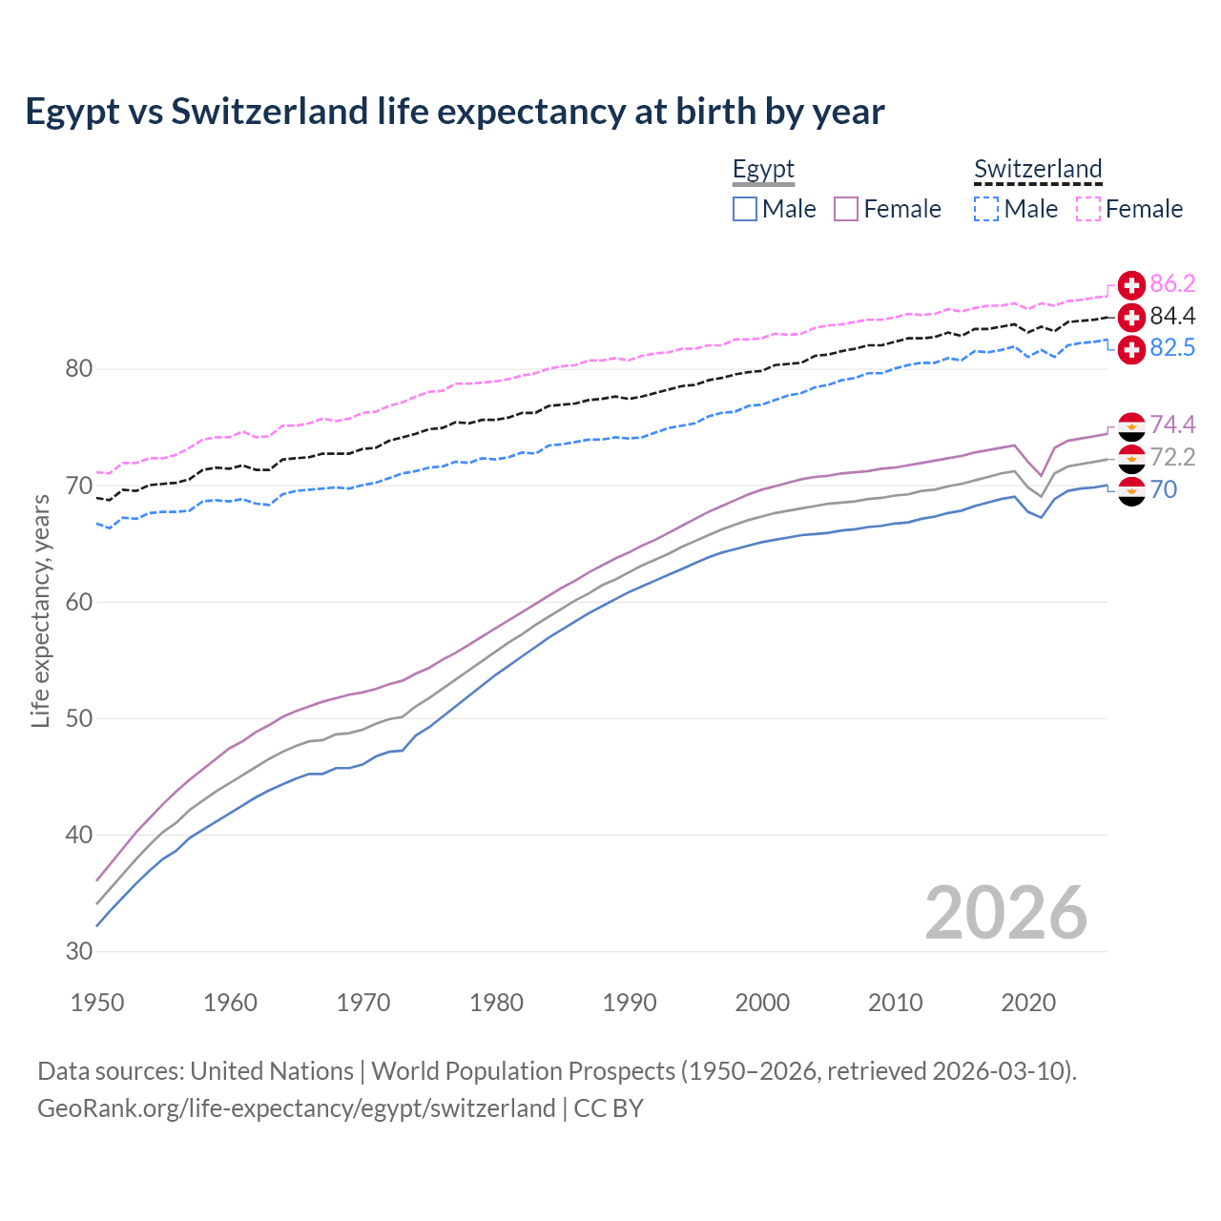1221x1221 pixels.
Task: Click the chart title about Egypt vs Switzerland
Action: pos(455,112)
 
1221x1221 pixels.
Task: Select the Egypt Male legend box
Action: pos(745,209)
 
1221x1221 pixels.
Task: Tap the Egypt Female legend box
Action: pos(846,209)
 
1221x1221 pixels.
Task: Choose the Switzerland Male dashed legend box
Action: pos(986,209)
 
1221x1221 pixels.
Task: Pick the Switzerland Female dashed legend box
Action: pos(1088,209)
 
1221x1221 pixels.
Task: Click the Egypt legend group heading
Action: pos(763,170)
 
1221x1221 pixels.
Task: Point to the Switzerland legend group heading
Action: pos(1038,170)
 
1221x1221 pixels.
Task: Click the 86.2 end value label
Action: pos(1172,284)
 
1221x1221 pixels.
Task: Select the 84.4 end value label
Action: pos(1172,316)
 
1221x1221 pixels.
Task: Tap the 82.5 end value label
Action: pos(1172,348)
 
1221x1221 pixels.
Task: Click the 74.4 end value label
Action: pos(1172,424)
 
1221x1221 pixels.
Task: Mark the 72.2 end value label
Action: pos(1172,457)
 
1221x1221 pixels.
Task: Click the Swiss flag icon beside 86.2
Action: pos(1131,284)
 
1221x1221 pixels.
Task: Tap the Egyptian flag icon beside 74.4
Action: pos(1131,425)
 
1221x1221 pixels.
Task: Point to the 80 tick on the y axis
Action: pos(79,368)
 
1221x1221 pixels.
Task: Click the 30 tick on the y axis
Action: pos(79,951)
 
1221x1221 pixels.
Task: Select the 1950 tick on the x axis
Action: pos(97,1003)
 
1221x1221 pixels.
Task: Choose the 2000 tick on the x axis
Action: pos(762,1003)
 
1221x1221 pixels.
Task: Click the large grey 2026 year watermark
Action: pos(1005,913)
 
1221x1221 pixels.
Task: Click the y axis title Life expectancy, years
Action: pos(41,610)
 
